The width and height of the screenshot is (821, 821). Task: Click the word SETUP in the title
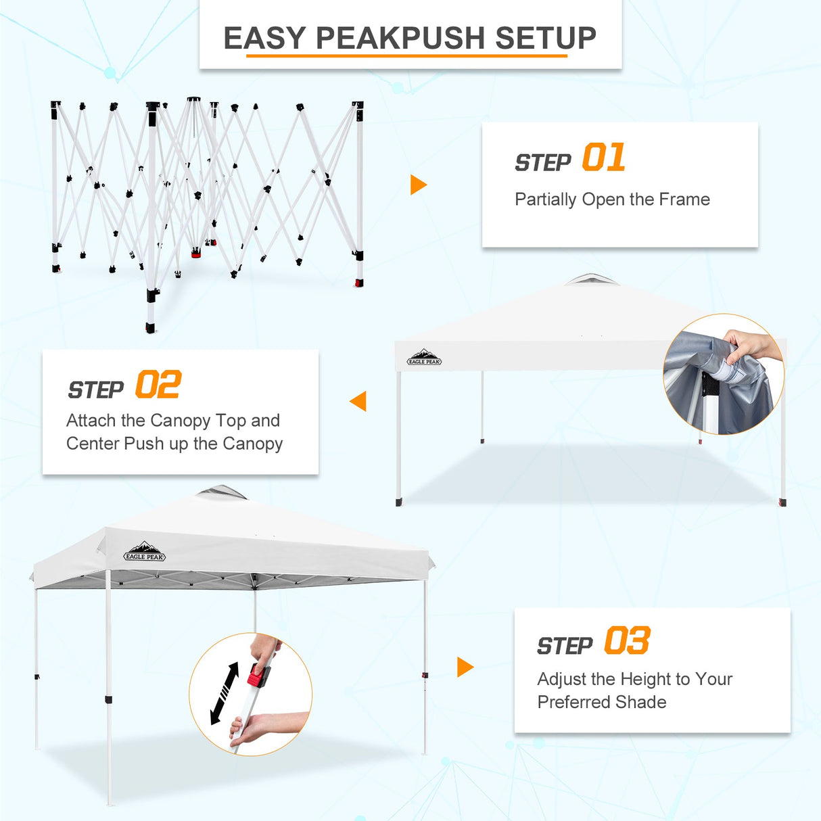coord(546,38)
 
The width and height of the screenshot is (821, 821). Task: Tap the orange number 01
coord(603,158)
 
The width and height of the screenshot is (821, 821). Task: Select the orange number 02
coord(158,385)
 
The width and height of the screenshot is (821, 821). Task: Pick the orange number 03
coord(627,641)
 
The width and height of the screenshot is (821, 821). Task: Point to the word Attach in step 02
coord(91,421)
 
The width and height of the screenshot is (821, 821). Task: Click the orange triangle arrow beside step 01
coord(418,185)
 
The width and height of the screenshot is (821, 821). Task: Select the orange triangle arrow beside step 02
coord(358,401)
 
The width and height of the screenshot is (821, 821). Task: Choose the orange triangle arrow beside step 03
coord(465,667)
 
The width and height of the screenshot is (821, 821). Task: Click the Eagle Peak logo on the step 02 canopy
coord(424,358)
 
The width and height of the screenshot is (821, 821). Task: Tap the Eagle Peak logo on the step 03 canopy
coord(145,551)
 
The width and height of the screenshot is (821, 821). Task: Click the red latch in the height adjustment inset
coord(258,675)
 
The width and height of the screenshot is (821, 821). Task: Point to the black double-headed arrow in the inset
coord(225,693)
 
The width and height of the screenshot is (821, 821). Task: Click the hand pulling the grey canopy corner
coord(751,346)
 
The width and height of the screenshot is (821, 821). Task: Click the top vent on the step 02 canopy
coord(591,279)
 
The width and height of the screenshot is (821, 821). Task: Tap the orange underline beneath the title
coord(406,55)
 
